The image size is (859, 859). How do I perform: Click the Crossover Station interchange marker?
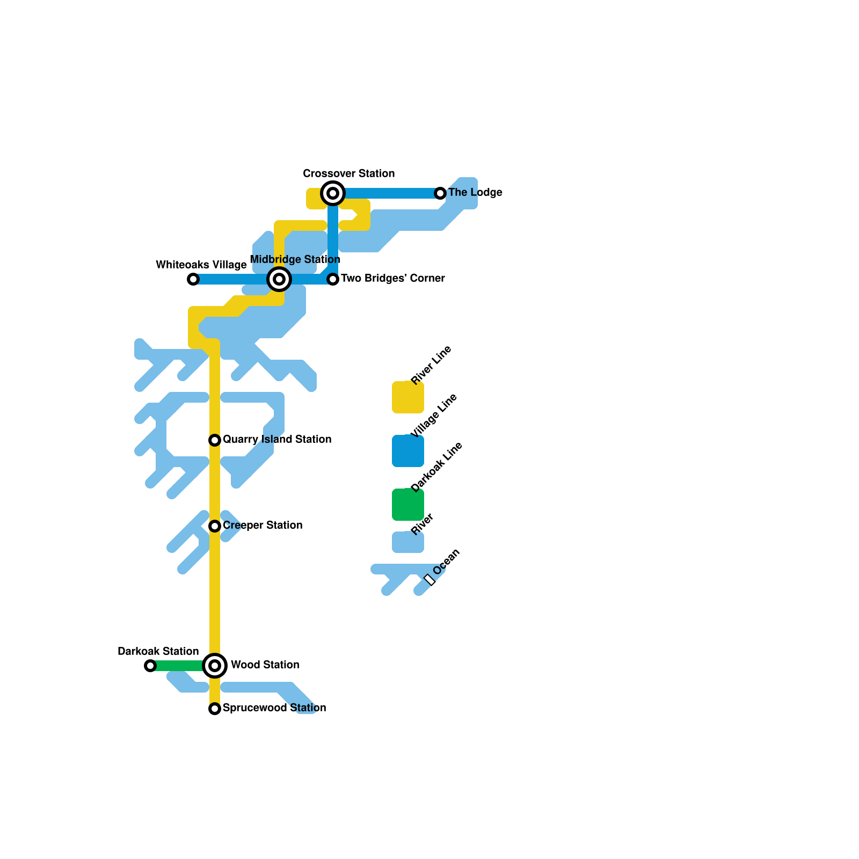point(333,193)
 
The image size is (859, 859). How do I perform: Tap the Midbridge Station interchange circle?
point(279,279)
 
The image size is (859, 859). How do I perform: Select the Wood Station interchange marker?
point(215,666)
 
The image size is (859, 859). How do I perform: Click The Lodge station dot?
point(440,193)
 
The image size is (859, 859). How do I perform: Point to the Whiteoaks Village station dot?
point(193,279)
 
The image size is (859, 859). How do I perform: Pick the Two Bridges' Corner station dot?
point(333,279)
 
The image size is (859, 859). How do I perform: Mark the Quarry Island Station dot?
point(215,440)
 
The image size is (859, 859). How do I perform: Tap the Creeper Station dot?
point(215,526)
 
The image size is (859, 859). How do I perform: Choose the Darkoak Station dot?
point(150,666)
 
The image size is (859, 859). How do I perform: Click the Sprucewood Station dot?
point(215,709)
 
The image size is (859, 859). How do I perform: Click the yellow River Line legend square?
point(408,397)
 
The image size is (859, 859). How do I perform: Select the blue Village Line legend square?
point(408,451)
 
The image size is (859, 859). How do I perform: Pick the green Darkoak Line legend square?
point(408,505)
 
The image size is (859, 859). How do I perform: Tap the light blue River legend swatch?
point(408,542)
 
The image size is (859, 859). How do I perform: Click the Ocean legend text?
point(446,562)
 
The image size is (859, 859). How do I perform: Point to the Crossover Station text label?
point(348,173)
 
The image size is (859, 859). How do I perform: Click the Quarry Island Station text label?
point(276,439)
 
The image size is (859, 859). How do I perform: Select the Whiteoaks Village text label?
point(201,265)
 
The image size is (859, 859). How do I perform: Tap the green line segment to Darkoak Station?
point(180,666)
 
